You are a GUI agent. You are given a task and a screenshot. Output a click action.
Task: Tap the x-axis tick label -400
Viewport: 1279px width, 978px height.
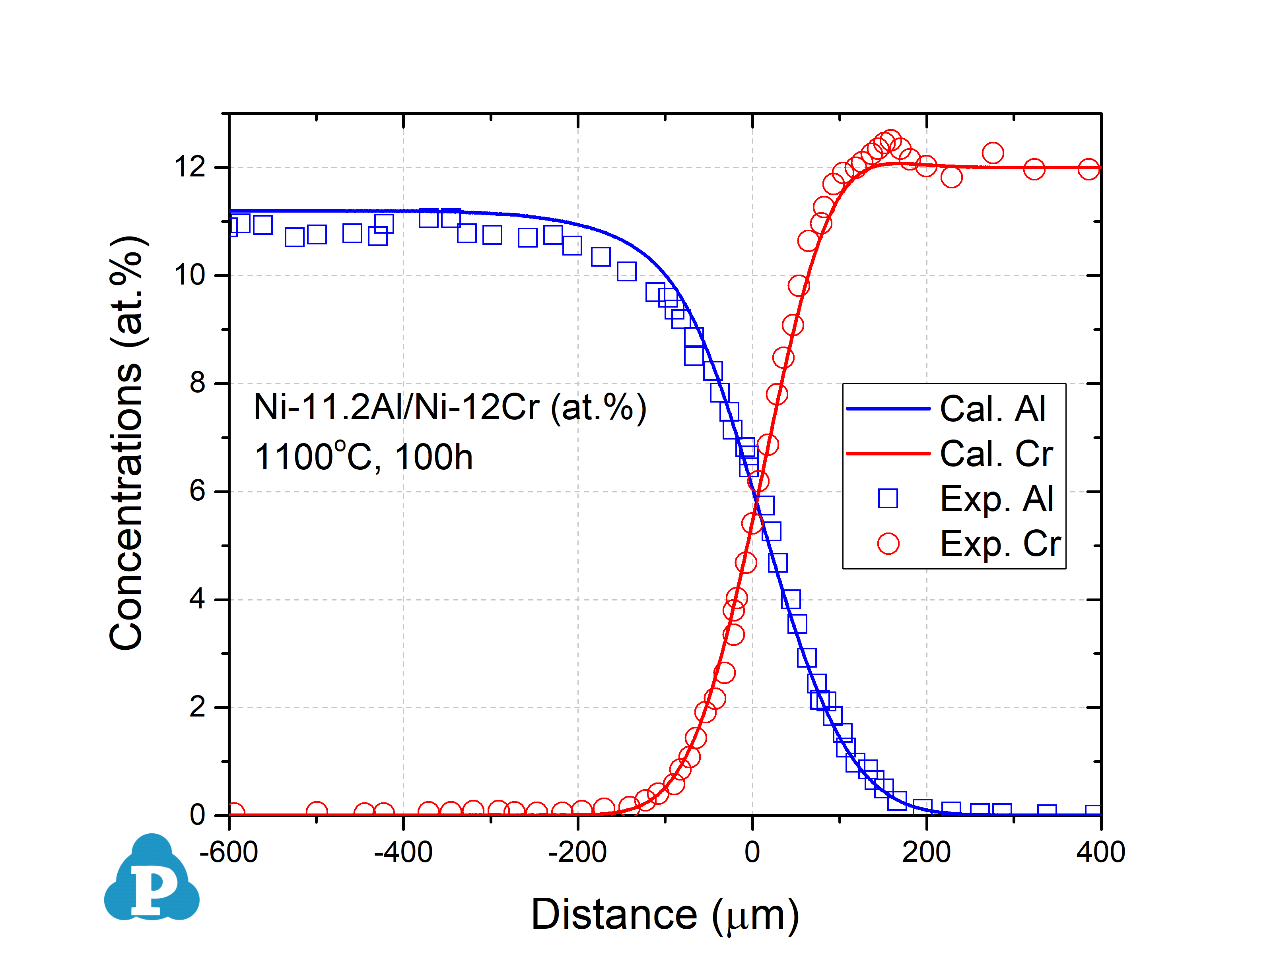point(403,852)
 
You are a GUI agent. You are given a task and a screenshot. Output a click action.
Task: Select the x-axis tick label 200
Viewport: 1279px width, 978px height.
point(926,852)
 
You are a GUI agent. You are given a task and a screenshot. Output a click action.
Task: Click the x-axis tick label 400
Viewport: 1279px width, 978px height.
point(1100,852)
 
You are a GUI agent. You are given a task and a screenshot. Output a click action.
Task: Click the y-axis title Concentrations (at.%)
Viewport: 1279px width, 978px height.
point(126,442)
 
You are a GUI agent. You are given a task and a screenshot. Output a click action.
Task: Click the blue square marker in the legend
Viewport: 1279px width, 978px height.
point(888,498)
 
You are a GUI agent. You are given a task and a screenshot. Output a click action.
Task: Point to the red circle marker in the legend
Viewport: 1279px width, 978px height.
point(888,543)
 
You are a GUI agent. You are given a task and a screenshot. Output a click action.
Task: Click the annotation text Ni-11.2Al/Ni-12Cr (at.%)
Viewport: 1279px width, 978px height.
point(450,407)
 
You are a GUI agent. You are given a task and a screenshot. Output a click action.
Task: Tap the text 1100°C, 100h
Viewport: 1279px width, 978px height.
point(363,457)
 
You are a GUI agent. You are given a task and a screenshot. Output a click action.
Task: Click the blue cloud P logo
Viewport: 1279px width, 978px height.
point(152,879)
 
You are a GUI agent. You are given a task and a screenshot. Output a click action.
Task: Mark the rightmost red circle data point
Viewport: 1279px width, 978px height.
point(1089,169)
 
